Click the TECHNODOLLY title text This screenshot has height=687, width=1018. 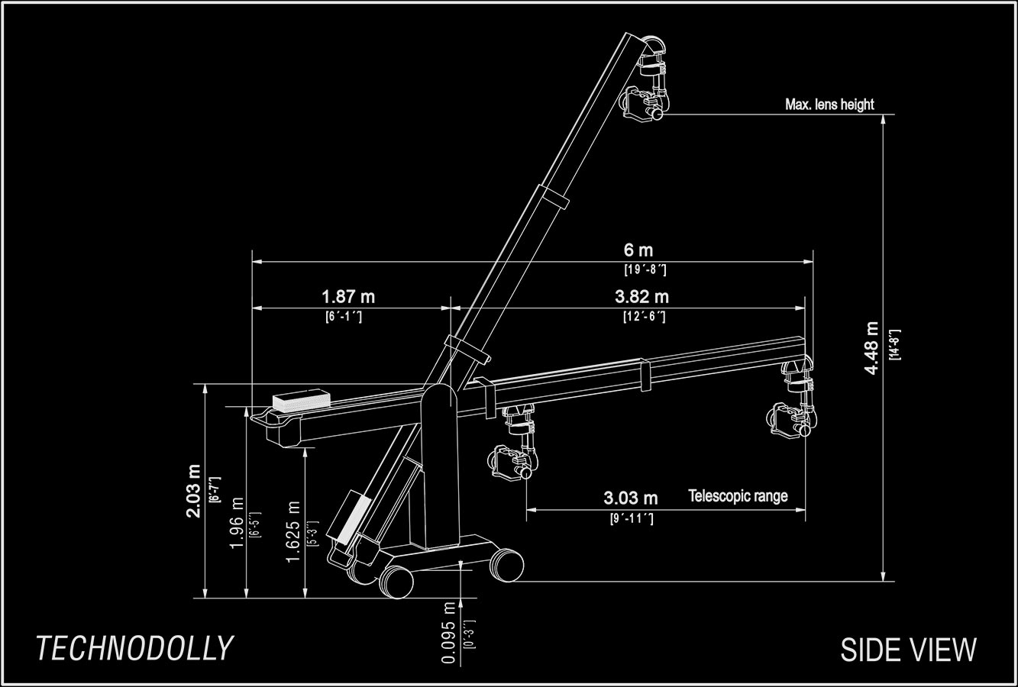tap(134, 648)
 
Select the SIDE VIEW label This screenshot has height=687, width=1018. tap(908, 650)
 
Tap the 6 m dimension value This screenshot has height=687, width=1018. tap(638, 250)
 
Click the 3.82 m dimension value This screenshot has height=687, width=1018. tap(642, 296)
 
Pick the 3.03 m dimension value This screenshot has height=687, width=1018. tap(630, 498)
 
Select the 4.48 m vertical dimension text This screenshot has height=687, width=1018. tap(871, 348)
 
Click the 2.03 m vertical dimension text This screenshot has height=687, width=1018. tap(193, 490)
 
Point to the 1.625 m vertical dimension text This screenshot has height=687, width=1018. tap(292, 532)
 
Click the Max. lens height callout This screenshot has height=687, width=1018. tap(829, 104)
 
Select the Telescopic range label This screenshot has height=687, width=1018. tap(738, 496)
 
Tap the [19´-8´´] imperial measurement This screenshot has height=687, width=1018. tap(645, 269)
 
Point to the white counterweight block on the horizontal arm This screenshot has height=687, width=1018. tap(300, 400)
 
